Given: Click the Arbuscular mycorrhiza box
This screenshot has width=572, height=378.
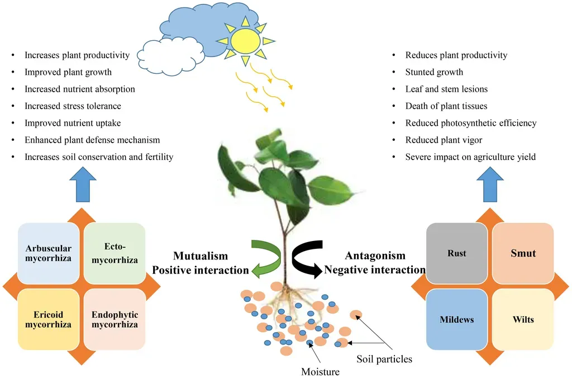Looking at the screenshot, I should pyautogui.click(x=49, y=253).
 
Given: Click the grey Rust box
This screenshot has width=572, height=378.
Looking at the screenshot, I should pyautogui.click(x=456, y=253).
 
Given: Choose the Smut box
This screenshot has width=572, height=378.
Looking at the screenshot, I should pyautogui.click(x=523, y=253).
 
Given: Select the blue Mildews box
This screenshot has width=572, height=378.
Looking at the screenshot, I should pyautogui.click(x=456, y=320).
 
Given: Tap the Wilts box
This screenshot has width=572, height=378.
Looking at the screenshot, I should pyautogui.click(x=523, y=320).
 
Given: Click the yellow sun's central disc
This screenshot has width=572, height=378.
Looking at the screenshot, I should pyautogui.click(x=245, y=40).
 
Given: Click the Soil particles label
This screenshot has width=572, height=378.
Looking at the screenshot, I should pyautogui.click(x=384, y=359).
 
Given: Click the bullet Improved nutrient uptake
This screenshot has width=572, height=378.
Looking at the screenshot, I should pyautogui.click(x=73, y=123).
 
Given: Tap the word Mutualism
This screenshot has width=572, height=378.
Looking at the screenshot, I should pyautogui.click(x=200, y=256).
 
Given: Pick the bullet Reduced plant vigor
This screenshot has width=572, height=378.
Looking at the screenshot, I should pyautogui.click(x=444, y=140).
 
